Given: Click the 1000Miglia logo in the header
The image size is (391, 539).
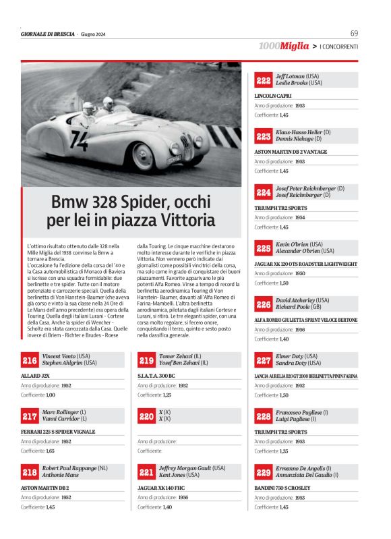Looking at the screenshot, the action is pos(284,46).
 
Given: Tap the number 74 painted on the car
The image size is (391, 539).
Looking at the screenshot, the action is pos(79,140).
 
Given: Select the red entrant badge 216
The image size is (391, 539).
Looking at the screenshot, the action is pos(30,361).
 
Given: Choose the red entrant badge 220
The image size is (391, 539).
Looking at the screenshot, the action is pos(146,417).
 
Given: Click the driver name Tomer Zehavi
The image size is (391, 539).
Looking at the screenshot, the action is pos(174,356).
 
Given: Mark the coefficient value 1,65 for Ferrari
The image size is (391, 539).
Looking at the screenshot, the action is pos(50,450).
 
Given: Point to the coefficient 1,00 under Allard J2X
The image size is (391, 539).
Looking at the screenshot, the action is pos(50,394).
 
